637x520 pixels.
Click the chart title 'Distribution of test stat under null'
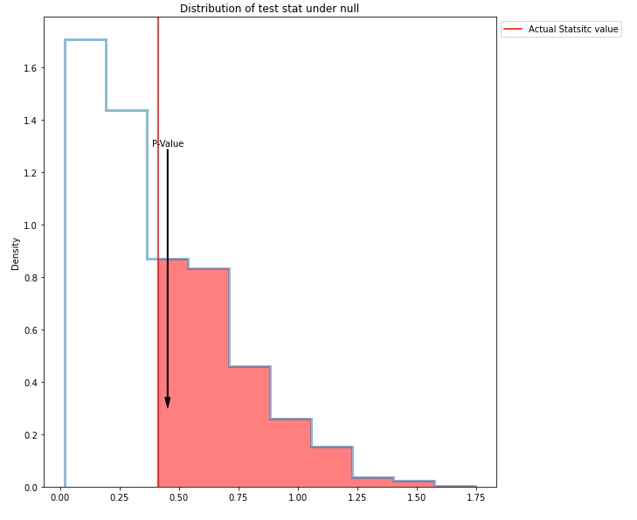tap(269, 9)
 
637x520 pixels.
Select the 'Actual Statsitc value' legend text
tap(572, 30)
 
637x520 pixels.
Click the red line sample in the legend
tap(513, 30)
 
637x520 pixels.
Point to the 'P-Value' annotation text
tap(168, 144)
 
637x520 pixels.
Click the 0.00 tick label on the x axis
tap(59, 497)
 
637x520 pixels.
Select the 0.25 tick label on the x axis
tap(119, 497)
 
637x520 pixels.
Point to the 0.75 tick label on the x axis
tap(238, 497)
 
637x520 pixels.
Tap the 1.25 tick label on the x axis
tap(357, 497)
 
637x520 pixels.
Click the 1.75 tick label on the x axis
tap(476, 497)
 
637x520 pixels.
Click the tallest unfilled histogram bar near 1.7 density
tap(86, 262)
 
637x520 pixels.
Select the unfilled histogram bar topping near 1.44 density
tap(127, 297)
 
